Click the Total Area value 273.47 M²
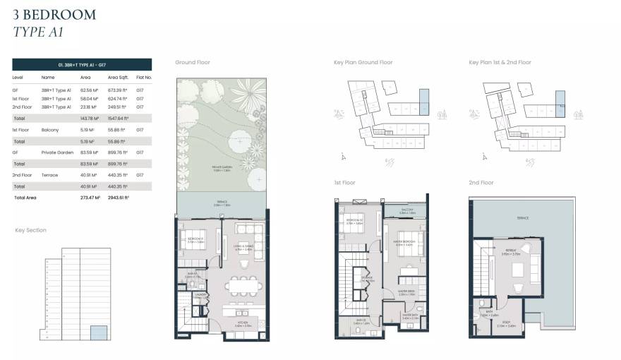click(x=90, y=198)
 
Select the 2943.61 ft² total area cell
click(x=117, y=198)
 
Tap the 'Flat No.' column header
click(x=144, y=77)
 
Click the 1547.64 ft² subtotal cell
click(x=117, y=119)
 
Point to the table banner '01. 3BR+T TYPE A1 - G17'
click(x=82, y=64)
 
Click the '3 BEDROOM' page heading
click(x=54, y=14)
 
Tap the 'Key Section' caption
click(x=31, y=230)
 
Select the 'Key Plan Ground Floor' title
click(x=363, y=62)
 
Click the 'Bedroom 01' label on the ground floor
click(x=195, y=239)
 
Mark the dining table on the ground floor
click(x=241, y=285)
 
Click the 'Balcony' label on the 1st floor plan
click(x=408, y=210)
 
